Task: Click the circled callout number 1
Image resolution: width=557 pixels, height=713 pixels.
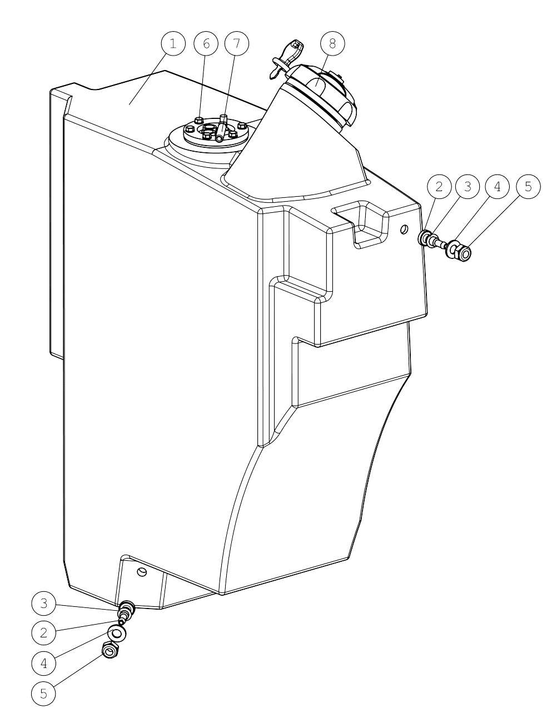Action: [173, 44]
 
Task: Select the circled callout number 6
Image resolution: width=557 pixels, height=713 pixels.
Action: [206, 44]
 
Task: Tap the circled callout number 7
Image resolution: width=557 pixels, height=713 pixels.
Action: [237, 44]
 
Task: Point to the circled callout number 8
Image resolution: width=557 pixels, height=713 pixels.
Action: [332, 44]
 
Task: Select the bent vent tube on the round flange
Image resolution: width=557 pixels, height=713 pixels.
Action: [221, 128]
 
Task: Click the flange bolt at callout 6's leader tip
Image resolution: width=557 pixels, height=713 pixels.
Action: [199, 120]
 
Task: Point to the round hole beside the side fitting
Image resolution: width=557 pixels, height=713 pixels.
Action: [404, 230]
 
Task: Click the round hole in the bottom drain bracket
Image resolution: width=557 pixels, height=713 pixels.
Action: [142, 572]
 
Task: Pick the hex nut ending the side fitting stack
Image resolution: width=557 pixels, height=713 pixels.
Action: [464, 253]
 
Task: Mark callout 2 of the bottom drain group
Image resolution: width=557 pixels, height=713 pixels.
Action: [44, 632]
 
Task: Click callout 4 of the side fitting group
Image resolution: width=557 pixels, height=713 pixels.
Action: [498, 187]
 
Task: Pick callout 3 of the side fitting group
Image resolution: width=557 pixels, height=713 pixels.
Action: [468, 187]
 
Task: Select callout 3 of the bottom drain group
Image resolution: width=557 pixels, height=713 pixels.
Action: [44, 603]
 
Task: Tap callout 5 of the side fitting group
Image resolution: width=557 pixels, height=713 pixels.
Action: [528, 187]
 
